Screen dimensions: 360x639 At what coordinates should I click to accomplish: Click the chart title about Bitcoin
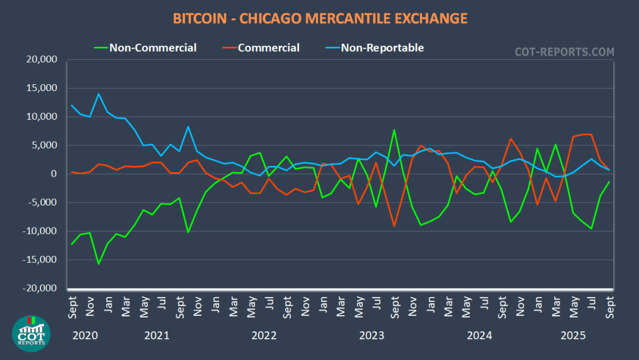click(x=319, y=18)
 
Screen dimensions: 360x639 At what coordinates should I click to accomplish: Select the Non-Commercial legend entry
click(x=153, y=47)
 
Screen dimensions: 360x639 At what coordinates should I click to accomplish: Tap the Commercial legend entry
click(x=268, y=47)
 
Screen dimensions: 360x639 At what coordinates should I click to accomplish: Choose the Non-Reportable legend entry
click(x=382, y=47)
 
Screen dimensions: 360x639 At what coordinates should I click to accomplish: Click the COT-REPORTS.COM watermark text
click(x=563, y=52)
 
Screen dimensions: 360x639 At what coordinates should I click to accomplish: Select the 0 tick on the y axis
click(x=54, y=174)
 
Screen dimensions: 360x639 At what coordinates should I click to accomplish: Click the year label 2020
click(x=85, y=336)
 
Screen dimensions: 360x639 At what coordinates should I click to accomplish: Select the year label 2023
click(x=372, y=336)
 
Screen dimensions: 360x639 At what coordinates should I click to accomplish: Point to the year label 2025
click(x=572, y=336)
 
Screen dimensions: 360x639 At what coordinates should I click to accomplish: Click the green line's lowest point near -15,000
click(x=99, y=264)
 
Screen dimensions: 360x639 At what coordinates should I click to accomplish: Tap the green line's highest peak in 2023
click(x=394, y=130)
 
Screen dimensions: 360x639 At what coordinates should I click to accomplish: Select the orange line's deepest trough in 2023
click(x=394, y=226)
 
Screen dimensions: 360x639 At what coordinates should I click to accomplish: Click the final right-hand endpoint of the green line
click(x=609, y=182)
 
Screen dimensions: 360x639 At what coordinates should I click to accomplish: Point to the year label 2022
click(x=264, y=336)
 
